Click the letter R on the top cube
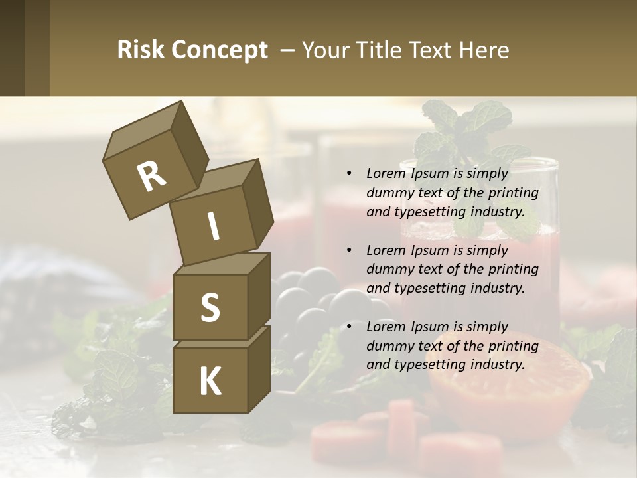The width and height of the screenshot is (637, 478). coord(151,177)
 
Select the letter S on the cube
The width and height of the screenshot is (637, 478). coord(210,307)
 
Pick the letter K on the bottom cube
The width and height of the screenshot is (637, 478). coord(210,381)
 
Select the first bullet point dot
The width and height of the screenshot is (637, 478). coord(350,174)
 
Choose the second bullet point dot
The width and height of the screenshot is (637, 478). coord(350,250)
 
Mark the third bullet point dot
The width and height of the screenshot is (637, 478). coord(350,327)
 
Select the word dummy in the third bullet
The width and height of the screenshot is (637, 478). coord(389,346)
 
